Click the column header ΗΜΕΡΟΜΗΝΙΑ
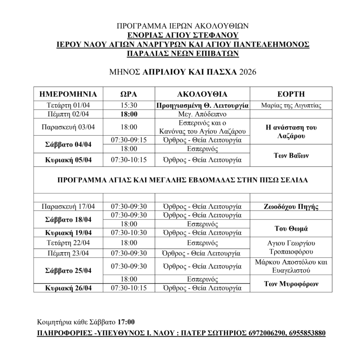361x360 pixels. (68, 94)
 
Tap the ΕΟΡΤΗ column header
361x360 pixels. (291, 94)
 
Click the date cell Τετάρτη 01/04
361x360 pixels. (68, 106)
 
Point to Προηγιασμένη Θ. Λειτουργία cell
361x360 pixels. (202, 106)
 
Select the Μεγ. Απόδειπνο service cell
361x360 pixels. (202, 114)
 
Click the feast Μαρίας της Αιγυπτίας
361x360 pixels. (291, 106)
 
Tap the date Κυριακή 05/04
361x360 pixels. (68, 160)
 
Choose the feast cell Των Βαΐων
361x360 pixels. (291, 156)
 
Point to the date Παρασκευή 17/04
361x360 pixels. (68, 206)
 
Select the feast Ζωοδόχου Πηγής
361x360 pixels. (291, 206)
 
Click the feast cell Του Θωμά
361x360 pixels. (291, 228)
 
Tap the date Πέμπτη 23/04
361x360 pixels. (68, 253)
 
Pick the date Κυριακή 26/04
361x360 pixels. (68, 288)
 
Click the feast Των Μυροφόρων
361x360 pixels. (291, 284)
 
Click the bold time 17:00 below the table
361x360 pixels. (126, 322)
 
